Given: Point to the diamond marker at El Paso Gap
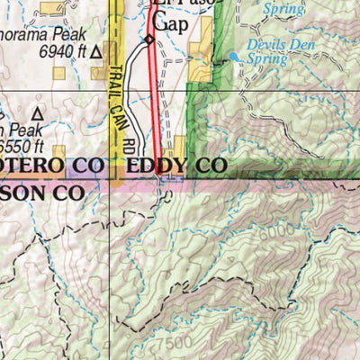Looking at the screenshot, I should [149, 40].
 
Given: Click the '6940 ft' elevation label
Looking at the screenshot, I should [63, 51].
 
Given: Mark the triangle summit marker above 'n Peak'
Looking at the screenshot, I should [38, 114].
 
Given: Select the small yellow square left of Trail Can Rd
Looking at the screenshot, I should [60, 153].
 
